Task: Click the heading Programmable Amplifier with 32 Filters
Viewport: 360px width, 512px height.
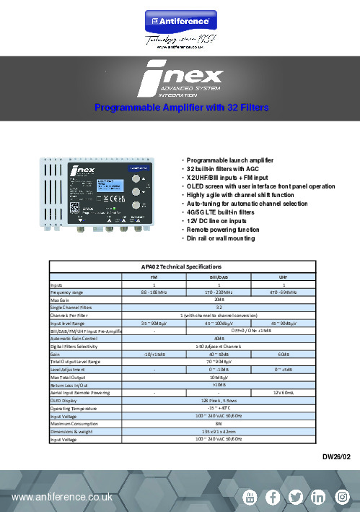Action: click(x=182, y=108)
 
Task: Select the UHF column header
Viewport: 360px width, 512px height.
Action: click(x=284, y=276)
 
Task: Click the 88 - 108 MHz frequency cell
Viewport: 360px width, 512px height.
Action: click(x=155, y=292)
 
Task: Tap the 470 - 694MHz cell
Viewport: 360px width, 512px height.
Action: click(x=284, y=292)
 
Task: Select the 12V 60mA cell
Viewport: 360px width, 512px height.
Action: click(x=284, y=392)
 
